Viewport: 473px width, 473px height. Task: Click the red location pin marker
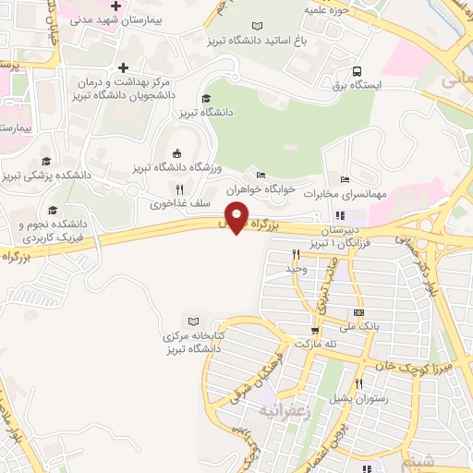pos(237,218)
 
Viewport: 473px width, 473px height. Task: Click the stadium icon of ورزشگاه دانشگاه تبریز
pos(175,153)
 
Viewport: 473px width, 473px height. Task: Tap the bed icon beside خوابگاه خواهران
pos(261,174)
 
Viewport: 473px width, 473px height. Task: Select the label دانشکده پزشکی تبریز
pos(61,174)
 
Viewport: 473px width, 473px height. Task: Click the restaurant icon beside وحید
pos(296,255)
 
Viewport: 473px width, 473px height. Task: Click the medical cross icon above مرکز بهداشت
pos(122,67)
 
